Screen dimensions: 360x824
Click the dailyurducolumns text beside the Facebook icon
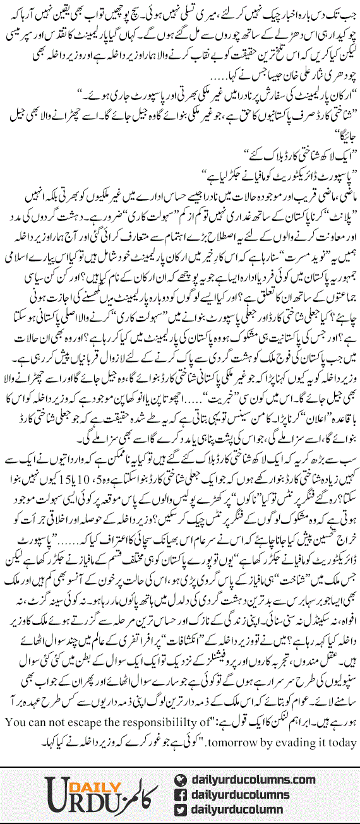click(x=241, y=794)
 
